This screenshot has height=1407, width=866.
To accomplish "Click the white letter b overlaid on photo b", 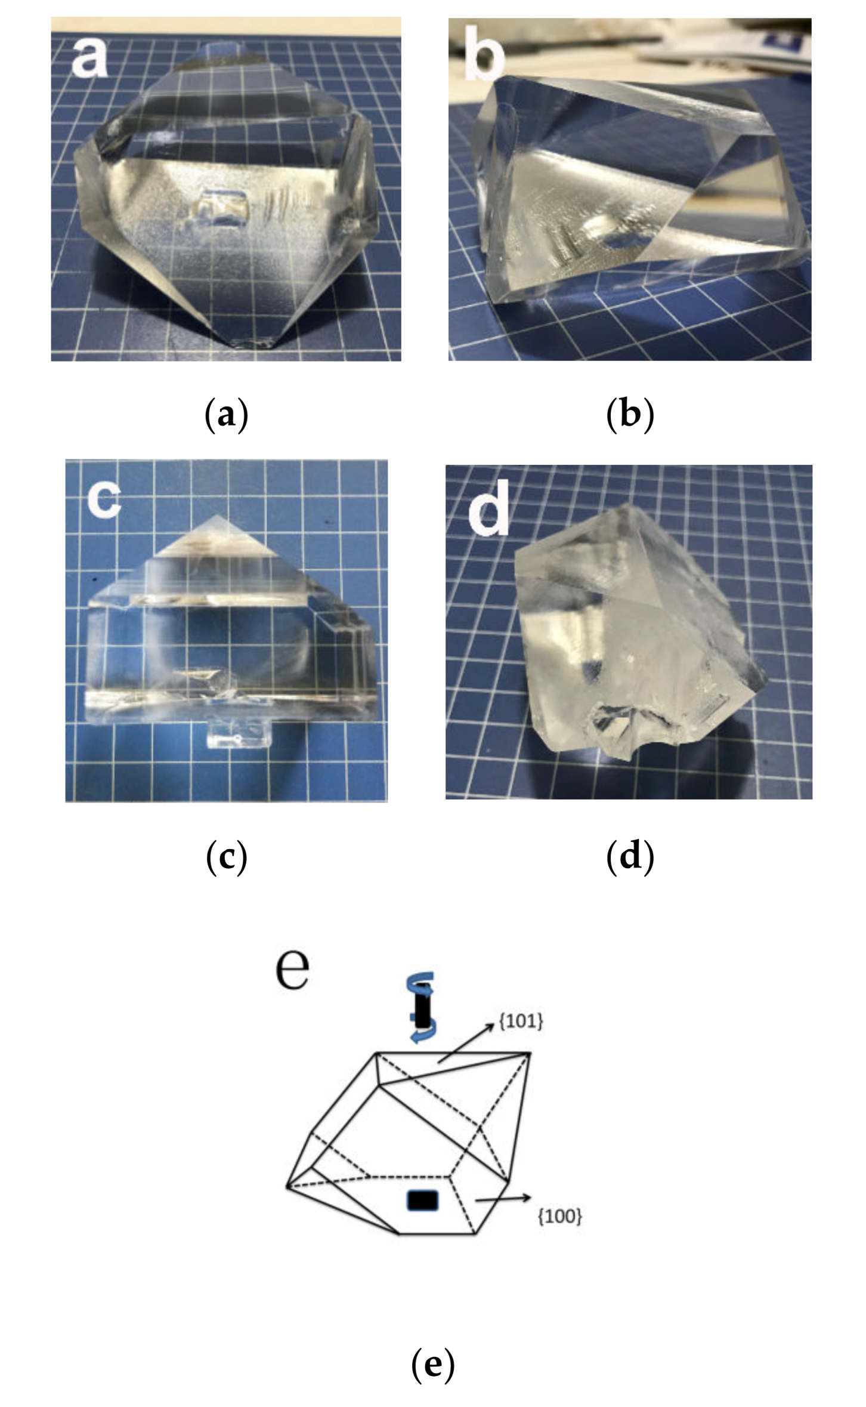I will pyautogui.click(x=484, y=54).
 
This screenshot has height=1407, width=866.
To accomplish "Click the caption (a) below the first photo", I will pyautogui.click(x=226, y=414).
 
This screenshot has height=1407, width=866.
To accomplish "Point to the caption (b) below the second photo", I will pyautogui.click(x=630, y=414).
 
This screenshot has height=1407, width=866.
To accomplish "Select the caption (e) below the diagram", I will pyautogui.click(x=433, y=1364).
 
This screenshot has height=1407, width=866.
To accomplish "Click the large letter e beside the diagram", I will pyautogui.click(x=292, y=968).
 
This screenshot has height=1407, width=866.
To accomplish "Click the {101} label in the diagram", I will pyautogui.click(x=521, y=1021).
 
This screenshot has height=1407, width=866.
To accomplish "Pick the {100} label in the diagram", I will pyautogui.click(x=559, y=1216).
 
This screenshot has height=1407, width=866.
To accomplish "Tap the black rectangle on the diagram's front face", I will pyautogui.click(x=422, y=1200).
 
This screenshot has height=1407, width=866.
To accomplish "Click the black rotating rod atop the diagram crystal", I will pyautogui.click(x=422, y=1008).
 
